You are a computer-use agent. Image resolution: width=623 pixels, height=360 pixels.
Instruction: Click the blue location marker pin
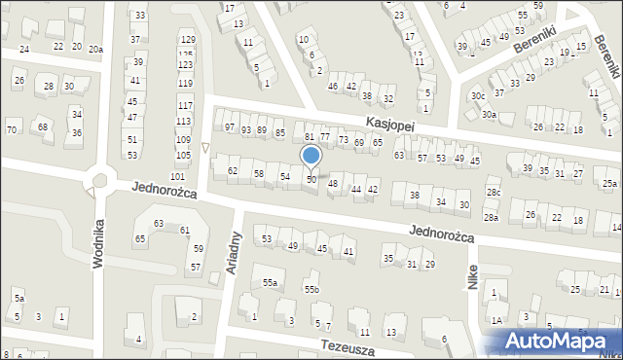tap(311, 156)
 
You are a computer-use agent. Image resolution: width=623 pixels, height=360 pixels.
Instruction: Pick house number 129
tap(186, 39)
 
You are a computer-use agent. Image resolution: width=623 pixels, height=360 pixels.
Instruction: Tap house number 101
tap(177, 176)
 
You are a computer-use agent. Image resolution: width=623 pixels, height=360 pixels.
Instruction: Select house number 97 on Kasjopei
tap(231, 128)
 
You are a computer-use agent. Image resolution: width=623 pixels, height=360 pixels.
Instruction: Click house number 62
tap(233, 171)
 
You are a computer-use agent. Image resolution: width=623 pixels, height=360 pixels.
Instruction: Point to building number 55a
tap(270, 283)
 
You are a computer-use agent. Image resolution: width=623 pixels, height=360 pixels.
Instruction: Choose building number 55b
tap(311, 290)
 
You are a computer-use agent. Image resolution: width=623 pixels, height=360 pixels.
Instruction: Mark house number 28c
tap(494, 193)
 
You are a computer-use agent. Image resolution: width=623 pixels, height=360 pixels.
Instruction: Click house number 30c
tap(478, 96)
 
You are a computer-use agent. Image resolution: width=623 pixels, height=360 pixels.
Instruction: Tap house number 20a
tap(94, 49)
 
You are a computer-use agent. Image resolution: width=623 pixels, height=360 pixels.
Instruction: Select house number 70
tap(12, 129)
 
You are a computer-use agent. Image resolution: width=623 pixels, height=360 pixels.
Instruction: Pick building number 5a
tap(18, 298)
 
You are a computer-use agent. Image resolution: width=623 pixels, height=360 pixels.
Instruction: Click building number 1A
tap(496, 320)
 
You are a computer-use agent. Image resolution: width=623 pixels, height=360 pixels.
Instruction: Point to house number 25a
tap(609, 184)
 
